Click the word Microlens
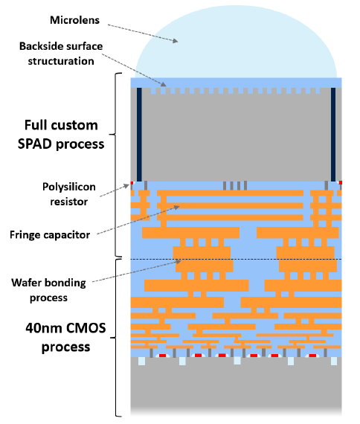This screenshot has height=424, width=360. pos(74,20)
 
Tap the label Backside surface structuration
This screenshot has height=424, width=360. pos(61,54)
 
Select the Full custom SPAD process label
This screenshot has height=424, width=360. pos(61,135)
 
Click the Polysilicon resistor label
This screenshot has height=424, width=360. pos(69,194)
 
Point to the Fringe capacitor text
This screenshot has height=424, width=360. pos(50,235)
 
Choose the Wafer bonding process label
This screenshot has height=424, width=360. pos(48,290)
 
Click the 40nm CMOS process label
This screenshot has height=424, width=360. pos(65,337)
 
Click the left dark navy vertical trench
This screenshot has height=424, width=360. pos(139,135)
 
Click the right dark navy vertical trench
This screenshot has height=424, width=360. pos(333,135)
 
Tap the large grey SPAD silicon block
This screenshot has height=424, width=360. pos(236,135)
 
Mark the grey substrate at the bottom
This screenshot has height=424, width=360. pos(236,387)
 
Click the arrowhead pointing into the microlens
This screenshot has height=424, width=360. pos(176,41)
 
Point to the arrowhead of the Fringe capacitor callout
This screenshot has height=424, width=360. pos(177,207)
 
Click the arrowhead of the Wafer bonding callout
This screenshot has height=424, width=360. pos(178,262)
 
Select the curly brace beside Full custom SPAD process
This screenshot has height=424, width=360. pos(116,164)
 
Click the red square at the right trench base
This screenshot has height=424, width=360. pos(340,183)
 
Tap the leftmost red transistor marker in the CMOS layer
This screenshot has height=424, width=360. pos(162,356)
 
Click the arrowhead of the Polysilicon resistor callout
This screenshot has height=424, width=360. pos(126,186)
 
